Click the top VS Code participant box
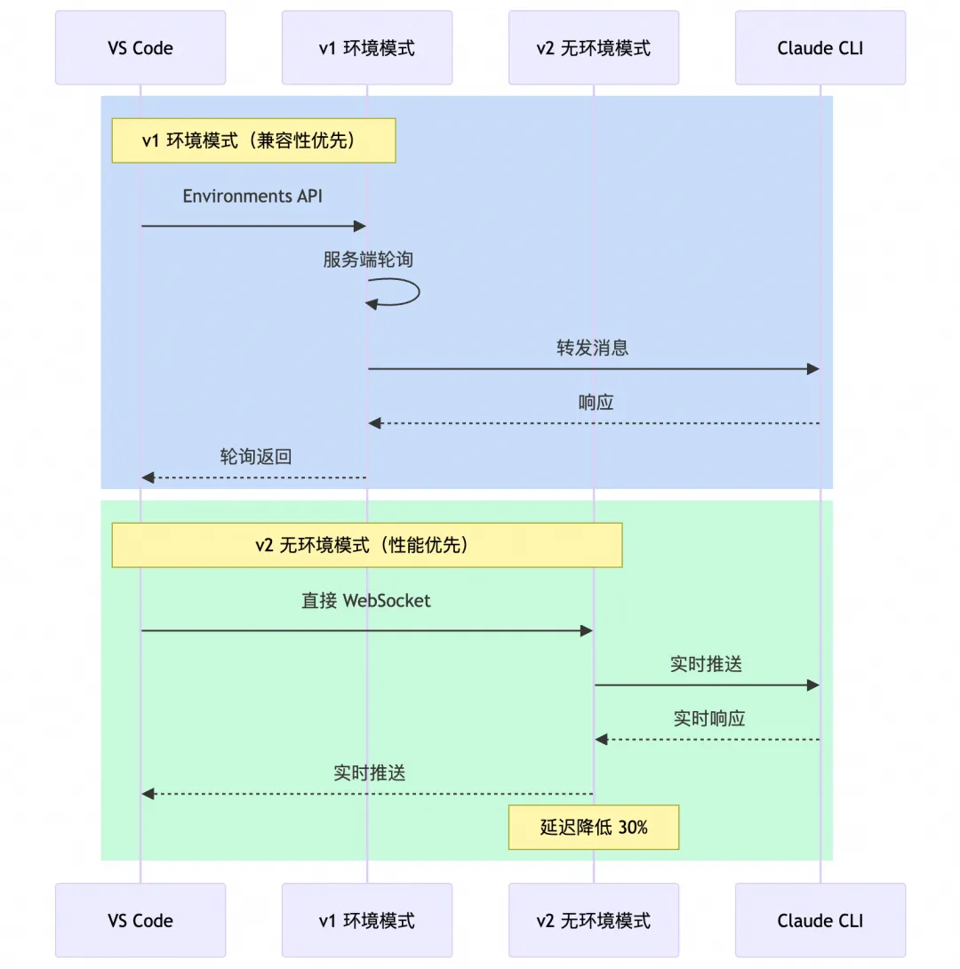tap(140, 48)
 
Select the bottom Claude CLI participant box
tap(820, 920)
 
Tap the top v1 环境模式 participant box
tap(367, 48)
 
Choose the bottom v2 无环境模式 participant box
tap(593, 920)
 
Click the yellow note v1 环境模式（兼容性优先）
tap(253, 140)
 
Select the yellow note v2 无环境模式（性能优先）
tap(366, 545)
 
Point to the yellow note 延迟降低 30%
tap(593, 827)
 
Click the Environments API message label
tap(252, 196)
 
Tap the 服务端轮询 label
tap(367, 260)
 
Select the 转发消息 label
tap(593, 348)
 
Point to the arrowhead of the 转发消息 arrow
tap(812, 369)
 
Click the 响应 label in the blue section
tap(596, 402)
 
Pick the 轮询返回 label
tap(256, 457)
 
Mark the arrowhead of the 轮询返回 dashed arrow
tap(148, 478)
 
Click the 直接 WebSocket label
tap(365, 601)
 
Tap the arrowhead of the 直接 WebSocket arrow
tap(586, 630)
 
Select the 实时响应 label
tap(708, 718)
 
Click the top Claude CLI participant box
tap(820, 48)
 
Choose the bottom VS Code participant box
tap(140, 920)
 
